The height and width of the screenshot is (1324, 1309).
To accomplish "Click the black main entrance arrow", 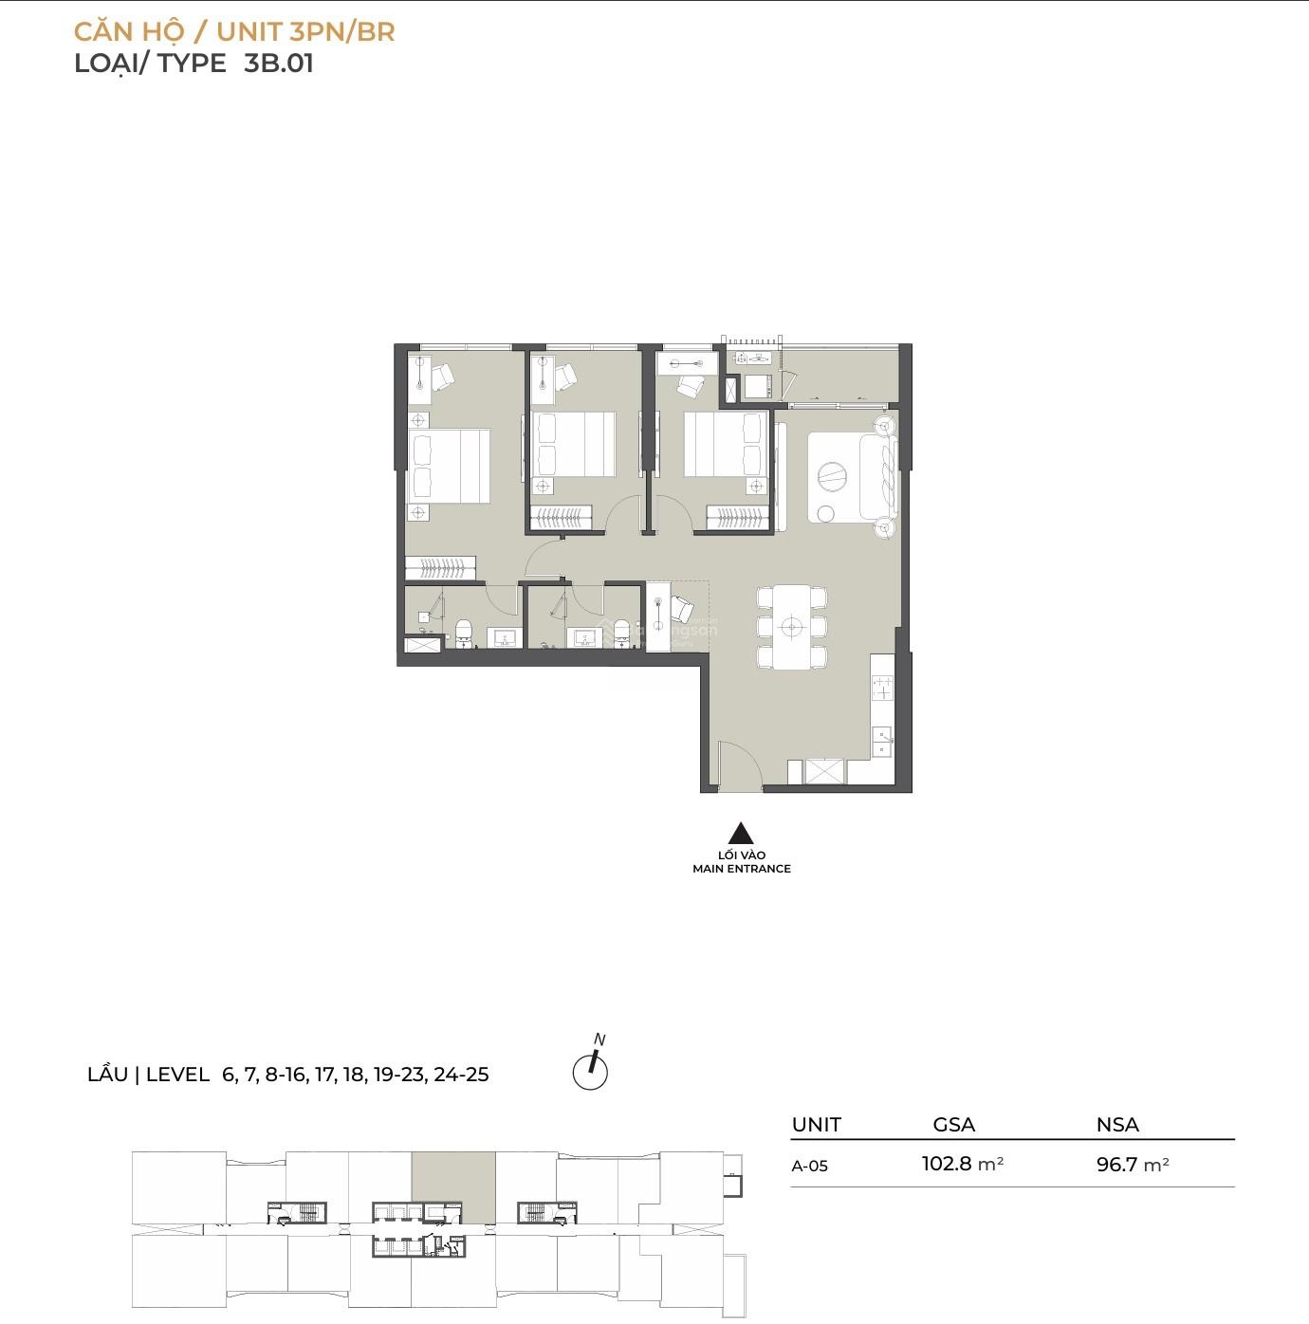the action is (x=741, y=833).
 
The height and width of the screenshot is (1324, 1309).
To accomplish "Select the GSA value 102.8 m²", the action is (x=963, y=1164).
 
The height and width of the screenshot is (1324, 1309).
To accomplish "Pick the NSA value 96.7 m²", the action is (x=1133, y=1165).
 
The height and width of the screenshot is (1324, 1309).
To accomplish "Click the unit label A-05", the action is (x=810, y=1166).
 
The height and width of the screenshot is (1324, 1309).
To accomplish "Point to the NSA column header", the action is (x=1117, y=1125).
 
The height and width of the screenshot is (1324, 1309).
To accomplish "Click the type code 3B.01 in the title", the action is (x=279, y=64).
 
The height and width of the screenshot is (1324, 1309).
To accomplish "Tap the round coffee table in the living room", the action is (x=831, y=473).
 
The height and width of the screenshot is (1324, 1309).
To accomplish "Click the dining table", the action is (x=791, y=627).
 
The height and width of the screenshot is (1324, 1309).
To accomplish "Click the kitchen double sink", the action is (x=882, y=742).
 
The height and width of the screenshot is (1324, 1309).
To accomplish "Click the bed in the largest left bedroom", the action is (x=449, y=465).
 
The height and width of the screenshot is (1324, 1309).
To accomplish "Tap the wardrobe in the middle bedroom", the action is (x=561, y=518).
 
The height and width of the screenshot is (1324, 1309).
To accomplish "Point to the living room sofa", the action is (x=879, y=475).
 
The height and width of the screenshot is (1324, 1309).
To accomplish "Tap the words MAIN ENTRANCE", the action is (x=741, y=869).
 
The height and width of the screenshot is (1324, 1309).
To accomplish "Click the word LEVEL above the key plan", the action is (x=177, y=1075).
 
